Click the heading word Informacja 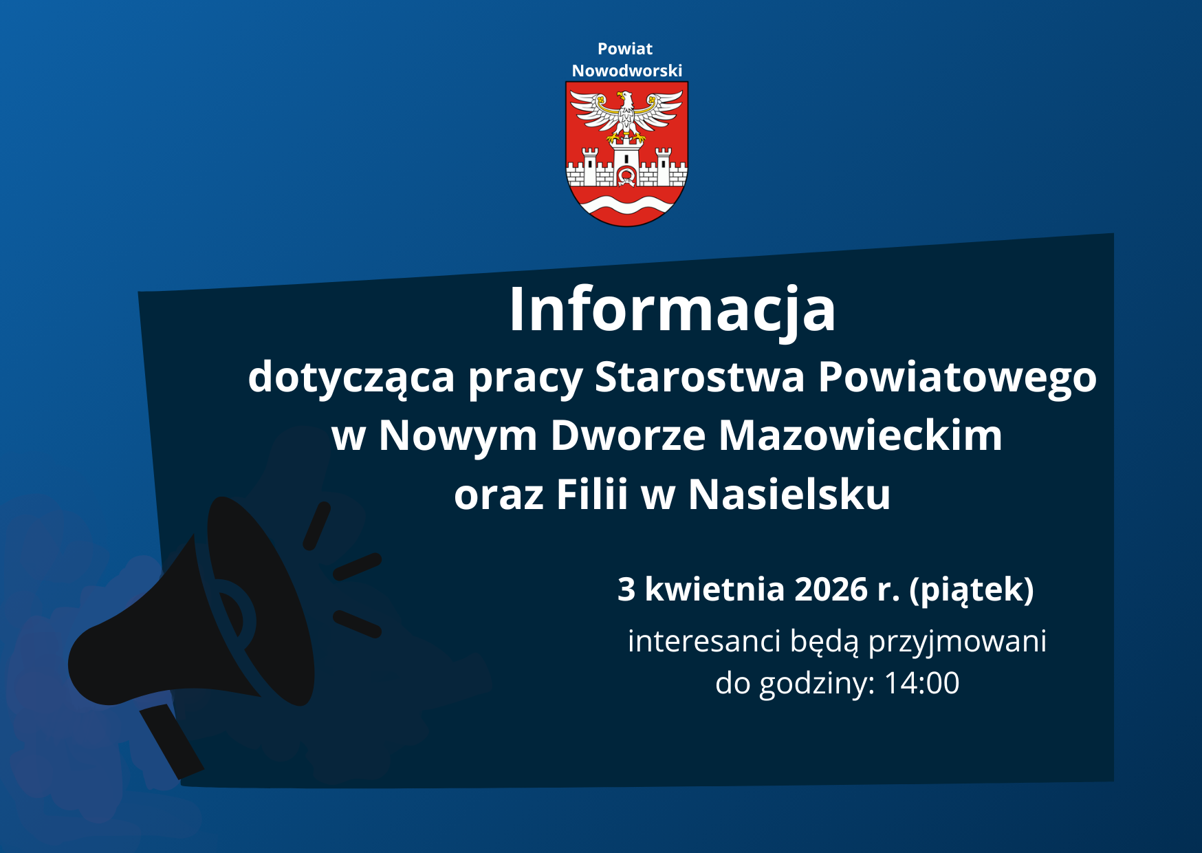coord(672,310)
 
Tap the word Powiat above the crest coord(624,49)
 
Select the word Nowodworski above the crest coord(626,71)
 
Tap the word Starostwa coord(699,377)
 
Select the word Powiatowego coord(957,377)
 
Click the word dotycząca coord(351,377)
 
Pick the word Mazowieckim coord(860,435)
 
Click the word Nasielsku coord(789,494)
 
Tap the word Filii coord(592,494)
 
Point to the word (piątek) coord(972,590)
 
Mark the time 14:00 coord(921,683)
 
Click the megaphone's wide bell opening coord(261,602)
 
